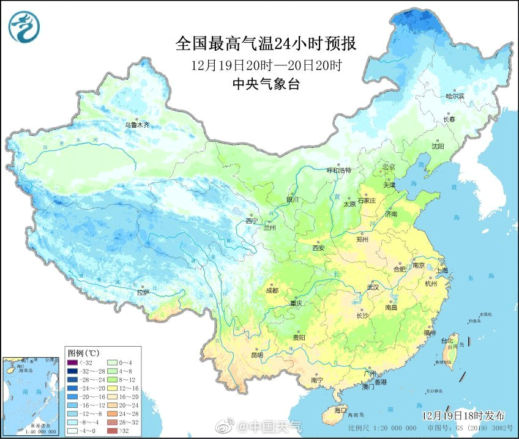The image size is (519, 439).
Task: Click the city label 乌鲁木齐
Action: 137,125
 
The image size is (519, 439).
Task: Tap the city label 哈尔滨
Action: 455,96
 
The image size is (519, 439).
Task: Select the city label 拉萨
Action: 143,292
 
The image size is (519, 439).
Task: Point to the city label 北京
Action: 389,166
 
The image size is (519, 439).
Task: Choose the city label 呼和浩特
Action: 338,170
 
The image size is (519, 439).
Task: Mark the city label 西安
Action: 318,248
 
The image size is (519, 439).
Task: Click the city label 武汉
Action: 372,287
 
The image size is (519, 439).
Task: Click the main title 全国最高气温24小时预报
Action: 266,43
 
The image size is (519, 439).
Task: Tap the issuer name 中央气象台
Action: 266,85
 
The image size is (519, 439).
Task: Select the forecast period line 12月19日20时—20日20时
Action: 266,65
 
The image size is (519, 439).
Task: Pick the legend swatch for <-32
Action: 73,363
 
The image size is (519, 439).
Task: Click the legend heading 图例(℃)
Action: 84,353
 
